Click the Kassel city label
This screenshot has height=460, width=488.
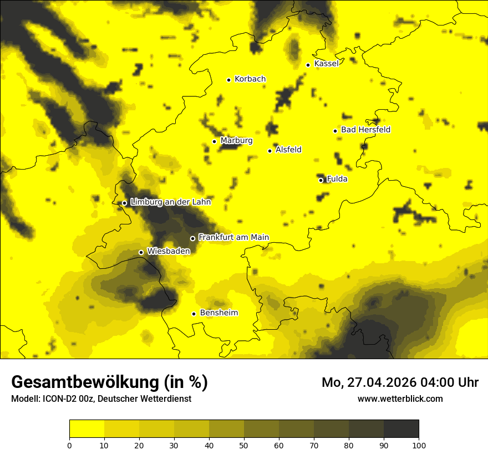click(x=326, y=64)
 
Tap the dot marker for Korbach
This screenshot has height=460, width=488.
click(x=228, y=80)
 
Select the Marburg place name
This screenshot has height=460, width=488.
click(x=236, y=141)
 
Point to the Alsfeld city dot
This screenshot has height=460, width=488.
click(x=270, y=151)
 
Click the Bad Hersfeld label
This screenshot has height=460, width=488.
click(x=365, y=130)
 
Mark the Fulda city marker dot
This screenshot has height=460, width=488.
click(x=321, y=180)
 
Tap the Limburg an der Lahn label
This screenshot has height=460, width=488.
click(x=170, y=202)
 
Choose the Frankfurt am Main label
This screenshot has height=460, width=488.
click(x=233, y=237)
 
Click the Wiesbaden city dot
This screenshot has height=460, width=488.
click(x=141, y=252)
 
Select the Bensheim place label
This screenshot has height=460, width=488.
click(x=218, y=313)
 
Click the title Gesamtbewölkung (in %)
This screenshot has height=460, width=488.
click(x=109, y=382)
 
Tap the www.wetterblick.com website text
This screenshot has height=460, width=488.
click(x=400, y=398)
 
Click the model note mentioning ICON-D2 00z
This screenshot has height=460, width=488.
click(x=101, y=398)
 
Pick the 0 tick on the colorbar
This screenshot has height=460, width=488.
click(x=69, y=445)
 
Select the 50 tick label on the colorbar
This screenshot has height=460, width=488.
click(x=244, y=445)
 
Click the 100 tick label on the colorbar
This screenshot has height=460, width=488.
click(x=419, y=445)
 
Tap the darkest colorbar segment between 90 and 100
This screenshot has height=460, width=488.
click(x=401, y=429)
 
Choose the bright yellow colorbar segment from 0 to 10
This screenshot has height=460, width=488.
click(x=87, y=429)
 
